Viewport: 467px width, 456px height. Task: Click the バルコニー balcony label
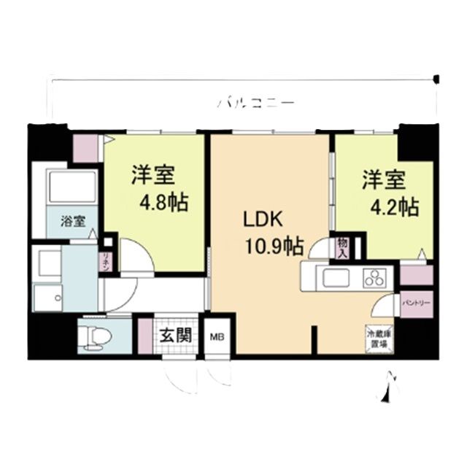tap(255, 104)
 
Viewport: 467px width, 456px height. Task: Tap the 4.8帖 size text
tap(160, 202)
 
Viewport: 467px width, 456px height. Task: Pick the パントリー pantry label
tap(416, 301)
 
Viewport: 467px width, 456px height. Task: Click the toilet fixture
tap(96, 337)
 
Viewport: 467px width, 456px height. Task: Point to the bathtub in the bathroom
tap(70, 189)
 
